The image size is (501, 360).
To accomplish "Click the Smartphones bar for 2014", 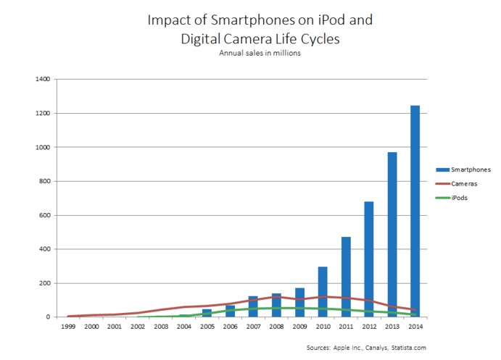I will pos(415,211).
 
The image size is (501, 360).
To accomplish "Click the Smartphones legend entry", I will pos(471,169).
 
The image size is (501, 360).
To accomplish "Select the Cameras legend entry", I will pos(465,183).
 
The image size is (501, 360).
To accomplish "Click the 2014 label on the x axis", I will pos(415,327).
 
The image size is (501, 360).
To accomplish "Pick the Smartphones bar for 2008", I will pos(277,305).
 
